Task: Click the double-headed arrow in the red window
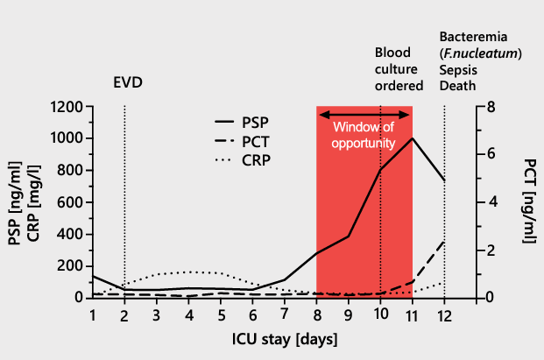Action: [364, 114]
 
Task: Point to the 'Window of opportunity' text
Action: [364, 135]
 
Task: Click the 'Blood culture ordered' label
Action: [399, 69]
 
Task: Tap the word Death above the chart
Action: [457, 86]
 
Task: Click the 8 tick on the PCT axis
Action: [492, 107]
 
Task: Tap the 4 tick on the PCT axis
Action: [492, 202]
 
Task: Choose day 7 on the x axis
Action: [285, 314]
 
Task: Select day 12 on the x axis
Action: [445, 314]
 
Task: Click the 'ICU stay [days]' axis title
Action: [268, 337]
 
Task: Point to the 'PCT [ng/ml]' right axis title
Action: [528, 201]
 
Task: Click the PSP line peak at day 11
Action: [413, 138]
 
